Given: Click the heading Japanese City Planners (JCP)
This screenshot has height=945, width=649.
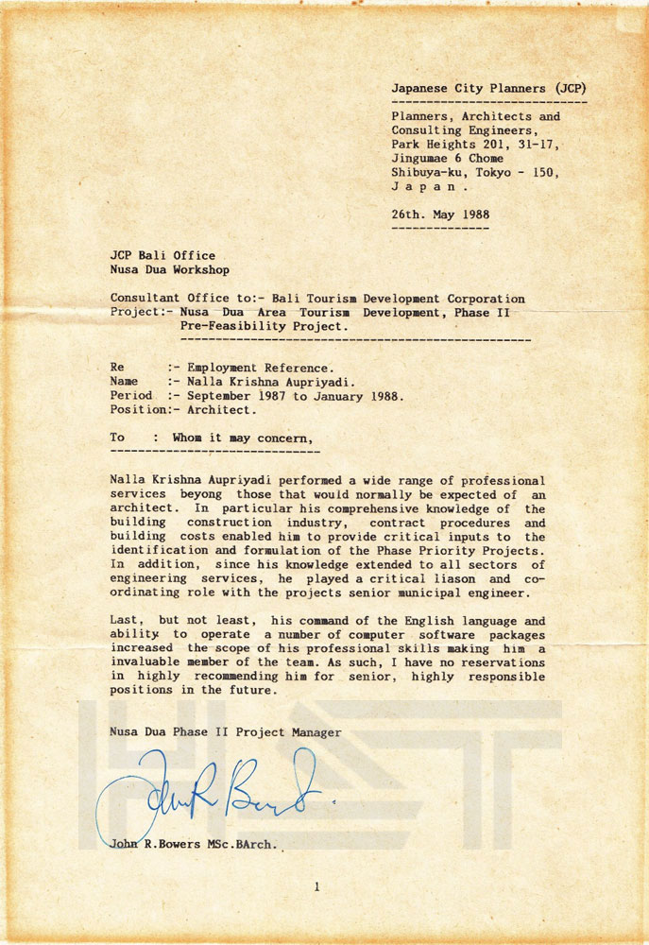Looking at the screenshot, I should pos(494,88).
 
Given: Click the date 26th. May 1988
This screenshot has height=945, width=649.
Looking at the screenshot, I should pos(440,215).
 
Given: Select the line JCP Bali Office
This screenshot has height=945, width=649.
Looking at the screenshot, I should pos(162,255).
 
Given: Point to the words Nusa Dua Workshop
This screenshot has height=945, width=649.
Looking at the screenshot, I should pos(169,269).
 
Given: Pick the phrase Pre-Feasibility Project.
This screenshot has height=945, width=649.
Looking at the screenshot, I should pos(263,326).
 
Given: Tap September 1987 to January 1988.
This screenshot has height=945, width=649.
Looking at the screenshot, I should pos(296,396).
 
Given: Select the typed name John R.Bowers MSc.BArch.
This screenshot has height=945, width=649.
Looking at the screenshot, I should pos(194,847).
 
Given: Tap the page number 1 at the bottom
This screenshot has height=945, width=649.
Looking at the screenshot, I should pos(317,886).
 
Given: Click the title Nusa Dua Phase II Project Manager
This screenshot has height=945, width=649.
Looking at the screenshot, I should pos(226,732).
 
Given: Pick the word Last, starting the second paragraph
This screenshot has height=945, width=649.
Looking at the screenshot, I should pos(128,621).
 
